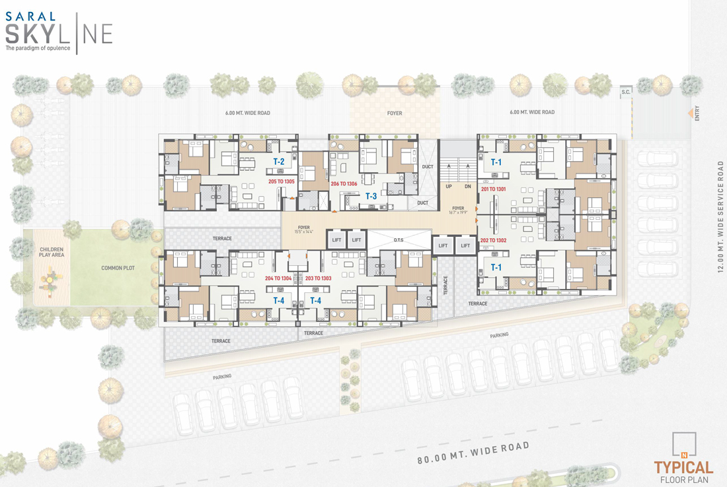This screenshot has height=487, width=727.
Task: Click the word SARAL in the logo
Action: [x=30, y=16]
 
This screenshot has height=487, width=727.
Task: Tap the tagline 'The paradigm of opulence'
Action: [x=38, y=48]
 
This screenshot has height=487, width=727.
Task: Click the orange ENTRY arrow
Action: [x=691, y=113]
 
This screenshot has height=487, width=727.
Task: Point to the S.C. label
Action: [x=626, y=92]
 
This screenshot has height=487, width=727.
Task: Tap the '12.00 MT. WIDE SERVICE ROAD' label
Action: [x=720, y=216]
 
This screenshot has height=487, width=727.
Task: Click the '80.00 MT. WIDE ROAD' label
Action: [x=473, y=452]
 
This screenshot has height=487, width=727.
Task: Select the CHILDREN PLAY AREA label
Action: [x=52, y=252]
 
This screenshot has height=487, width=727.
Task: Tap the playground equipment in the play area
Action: [x=51, y=282]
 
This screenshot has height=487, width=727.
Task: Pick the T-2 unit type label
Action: [x=279, y=162]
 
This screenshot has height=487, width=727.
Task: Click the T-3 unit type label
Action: [x=371, y=196]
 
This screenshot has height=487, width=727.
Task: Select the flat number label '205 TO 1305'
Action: [x=282, y=181]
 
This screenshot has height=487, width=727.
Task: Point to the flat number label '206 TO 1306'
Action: [x=344, y=184]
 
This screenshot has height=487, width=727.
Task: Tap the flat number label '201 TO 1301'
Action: [x=493, y=189]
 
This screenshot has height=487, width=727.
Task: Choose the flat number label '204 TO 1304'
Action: [x=278, y=278]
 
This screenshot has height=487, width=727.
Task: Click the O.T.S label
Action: [x=399, y=240]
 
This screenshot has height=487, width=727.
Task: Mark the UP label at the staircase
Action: [x=449, y=187]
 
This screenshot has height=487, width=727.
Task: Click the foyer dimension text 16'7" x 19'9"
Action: [x=458, y=212]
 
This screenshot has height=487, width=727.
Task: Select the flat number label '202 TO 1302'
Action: [x=493, y=241]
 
